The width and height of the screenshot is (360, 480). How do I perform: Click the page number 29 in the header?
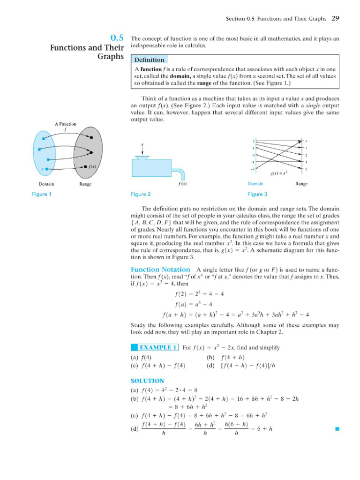[335, 19]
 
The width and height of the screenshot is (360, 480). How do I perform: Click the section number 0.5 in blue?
[117, 38]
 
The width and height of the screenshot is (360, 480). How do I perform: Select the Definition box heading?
[150, 60]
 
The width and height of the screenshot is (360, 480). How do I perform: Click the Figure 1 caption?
[42, 194]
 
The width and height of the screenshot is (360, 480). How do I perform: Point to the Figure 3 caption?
[257, 194]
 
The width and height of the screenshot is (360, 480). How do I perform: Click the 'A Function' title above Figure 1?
[65, 124]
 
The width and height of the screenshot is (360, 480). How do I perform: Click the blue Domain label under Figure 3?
[255, 184]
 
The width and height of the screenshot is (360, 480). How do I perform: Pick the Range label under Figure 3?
[301, 184]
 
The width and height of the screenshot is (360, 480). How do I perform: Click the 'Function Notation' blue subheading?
[160, 270]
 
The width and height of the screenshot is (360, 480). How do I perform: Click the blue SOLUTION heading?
[147, 381]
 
